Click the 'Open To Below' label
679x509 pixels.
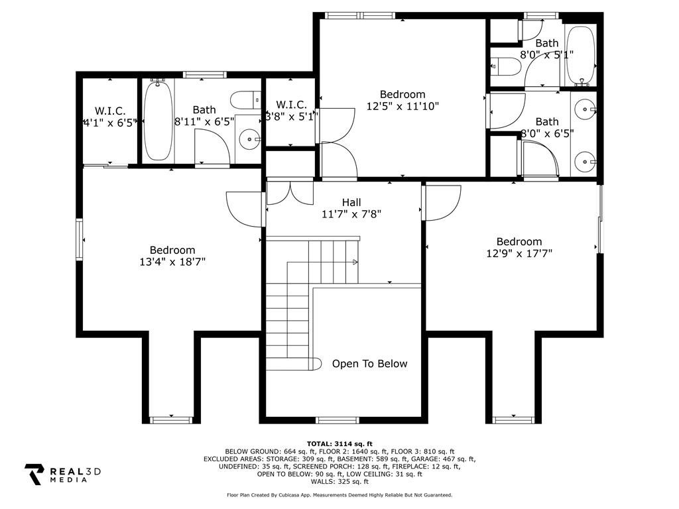click(369, 364)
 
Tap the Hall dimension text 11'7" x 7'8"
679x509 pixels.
click(351, 214)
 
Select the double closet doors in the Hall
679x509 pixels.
click(290, 192)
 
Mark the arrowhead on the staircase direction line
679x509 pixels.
click(356, 262)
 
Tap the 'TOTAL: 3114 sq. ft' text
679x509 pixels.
click(339, 443)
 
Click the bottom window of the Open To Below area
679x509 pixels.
click(338, 419)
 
